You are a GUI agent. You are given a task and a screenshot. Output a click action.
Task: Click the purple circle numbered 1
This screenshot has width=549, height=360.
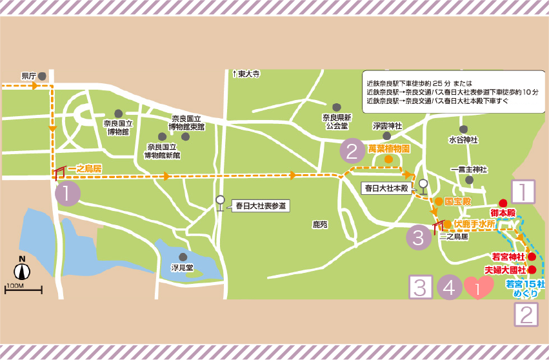tap(68, 193)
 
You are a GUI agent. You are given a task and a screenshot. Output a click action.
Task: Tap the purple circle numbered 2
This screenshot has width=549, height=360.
tap(352, 150)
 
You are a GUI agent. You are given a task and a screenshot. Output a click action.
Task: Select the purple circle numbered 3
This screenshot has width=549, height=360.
tap(418, 237)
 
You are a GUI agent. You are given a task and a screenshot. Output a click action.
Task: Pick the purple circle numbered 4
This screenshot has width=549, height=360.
tap(450, 287)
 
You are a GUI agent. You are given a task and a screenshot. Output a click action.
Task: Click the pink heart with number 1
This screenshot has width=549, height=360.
tap(478, 288)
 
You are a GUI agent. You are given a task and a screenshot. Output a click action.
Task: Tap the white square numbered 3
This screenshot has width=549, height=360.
tap(421, 287)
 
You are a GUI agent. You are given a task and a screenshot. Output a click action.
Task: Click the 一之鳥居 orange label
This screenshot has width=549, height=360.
tap(85, 168)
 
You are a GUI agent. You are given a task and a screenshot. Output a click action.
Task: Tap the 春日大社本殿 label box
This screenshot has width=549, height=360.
tap(386, 188)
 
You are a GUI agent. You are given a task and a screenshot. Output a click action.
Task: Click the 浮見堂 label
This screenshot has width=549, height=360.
tap(182, 267)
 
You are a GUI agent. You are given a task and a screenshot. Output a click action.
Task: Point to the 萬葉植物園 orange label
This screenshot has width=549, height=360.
tap(389, 148)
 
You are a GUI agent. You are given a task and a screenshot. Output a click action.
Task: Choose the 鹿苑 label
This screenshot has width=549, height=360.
tap(320, 225)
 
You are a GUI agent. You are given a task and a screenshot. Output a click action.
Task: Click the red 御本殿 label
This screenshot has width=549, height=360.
tap(503, 212)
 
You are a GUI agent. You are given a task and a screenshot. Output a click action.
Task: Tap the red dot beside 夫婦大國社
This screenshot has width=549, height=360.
tap(532, 270)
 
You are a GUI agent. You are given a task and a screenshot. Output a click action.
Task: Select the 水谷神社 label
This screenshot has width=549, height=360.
tap(463, 139)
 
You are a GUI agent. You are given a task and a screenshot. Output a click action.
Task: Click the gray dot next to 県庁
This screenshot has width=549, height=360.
tap(42, 76)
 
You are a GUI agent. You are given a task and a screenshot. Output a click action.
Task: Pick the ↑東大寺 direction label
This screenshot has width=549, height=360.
tap(246, 74)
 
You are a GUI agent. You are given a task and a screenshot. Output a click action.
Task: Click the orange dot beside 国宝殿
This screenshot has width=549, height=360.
tap(439, 201)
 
